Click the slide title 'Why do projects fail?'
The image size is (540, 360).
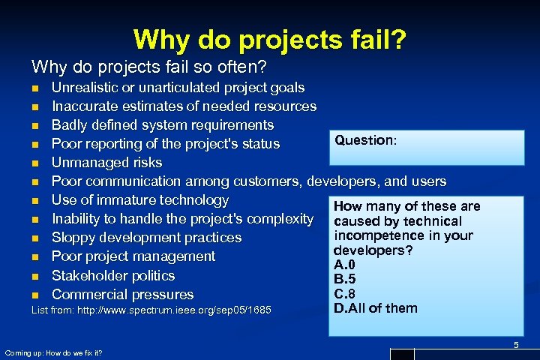[270, 38]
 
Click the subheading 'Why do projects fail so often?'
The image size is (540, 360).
[149, 67]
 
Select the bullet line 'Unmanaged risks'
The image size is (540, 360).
[106, 163]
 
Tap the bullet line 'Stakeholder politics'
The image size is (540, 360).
[112, 276]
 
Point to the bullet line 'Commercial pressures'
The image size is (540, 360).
[122, 295]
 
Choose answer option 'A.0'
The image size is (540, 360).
[344, 265]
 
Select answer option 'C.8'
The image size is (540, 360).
[344, 294]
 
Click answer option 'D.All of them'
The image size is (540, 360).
[375, 308]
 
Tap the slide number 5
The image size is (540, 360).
[515, 344]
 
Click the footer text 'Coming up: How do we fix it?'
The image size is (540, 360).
[53, 352]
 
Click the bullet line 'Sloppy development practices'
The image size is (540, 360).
[146, 238]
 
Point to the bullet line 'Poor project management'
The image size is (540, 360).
[133, 256]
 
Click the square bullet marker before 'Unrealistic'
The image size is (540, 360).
[34, 88]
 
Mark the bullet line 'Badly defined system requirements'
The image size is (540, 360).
[162, 125]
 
